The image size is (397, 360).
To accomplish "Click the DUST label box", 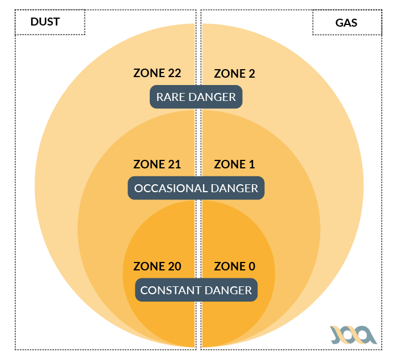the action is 49,23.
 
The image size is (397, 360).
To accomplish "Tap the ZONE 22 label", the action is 157,73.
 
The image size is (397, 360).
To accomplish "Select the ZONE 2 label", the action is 234,73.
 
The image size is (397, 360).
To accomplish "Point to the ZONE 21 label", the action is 157,164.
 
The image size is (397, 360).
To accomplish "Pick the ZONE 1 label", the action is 234,164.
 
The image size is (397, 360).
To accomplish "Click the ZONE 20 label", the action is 157,266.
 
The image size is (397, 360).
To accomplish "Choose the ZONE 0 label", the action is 234,266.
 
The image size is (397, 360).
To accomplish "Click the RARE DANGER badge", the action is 196,97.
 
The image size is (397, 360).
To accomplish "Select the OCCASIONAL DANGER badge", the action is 196,188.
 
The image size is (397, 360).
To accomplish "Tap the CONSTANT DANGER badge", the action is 196,290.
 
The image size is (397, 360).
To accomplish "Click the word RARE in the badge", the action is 171,97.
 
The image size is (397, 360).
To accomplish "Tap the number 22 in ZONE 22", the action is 174,73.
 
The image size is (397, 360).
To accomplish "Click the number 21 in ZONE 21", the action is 174,164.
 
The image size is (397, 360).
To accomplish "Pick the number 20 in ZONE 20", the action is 174,266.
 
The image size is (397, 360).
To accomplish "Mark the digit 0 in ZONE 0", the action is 251,266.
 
